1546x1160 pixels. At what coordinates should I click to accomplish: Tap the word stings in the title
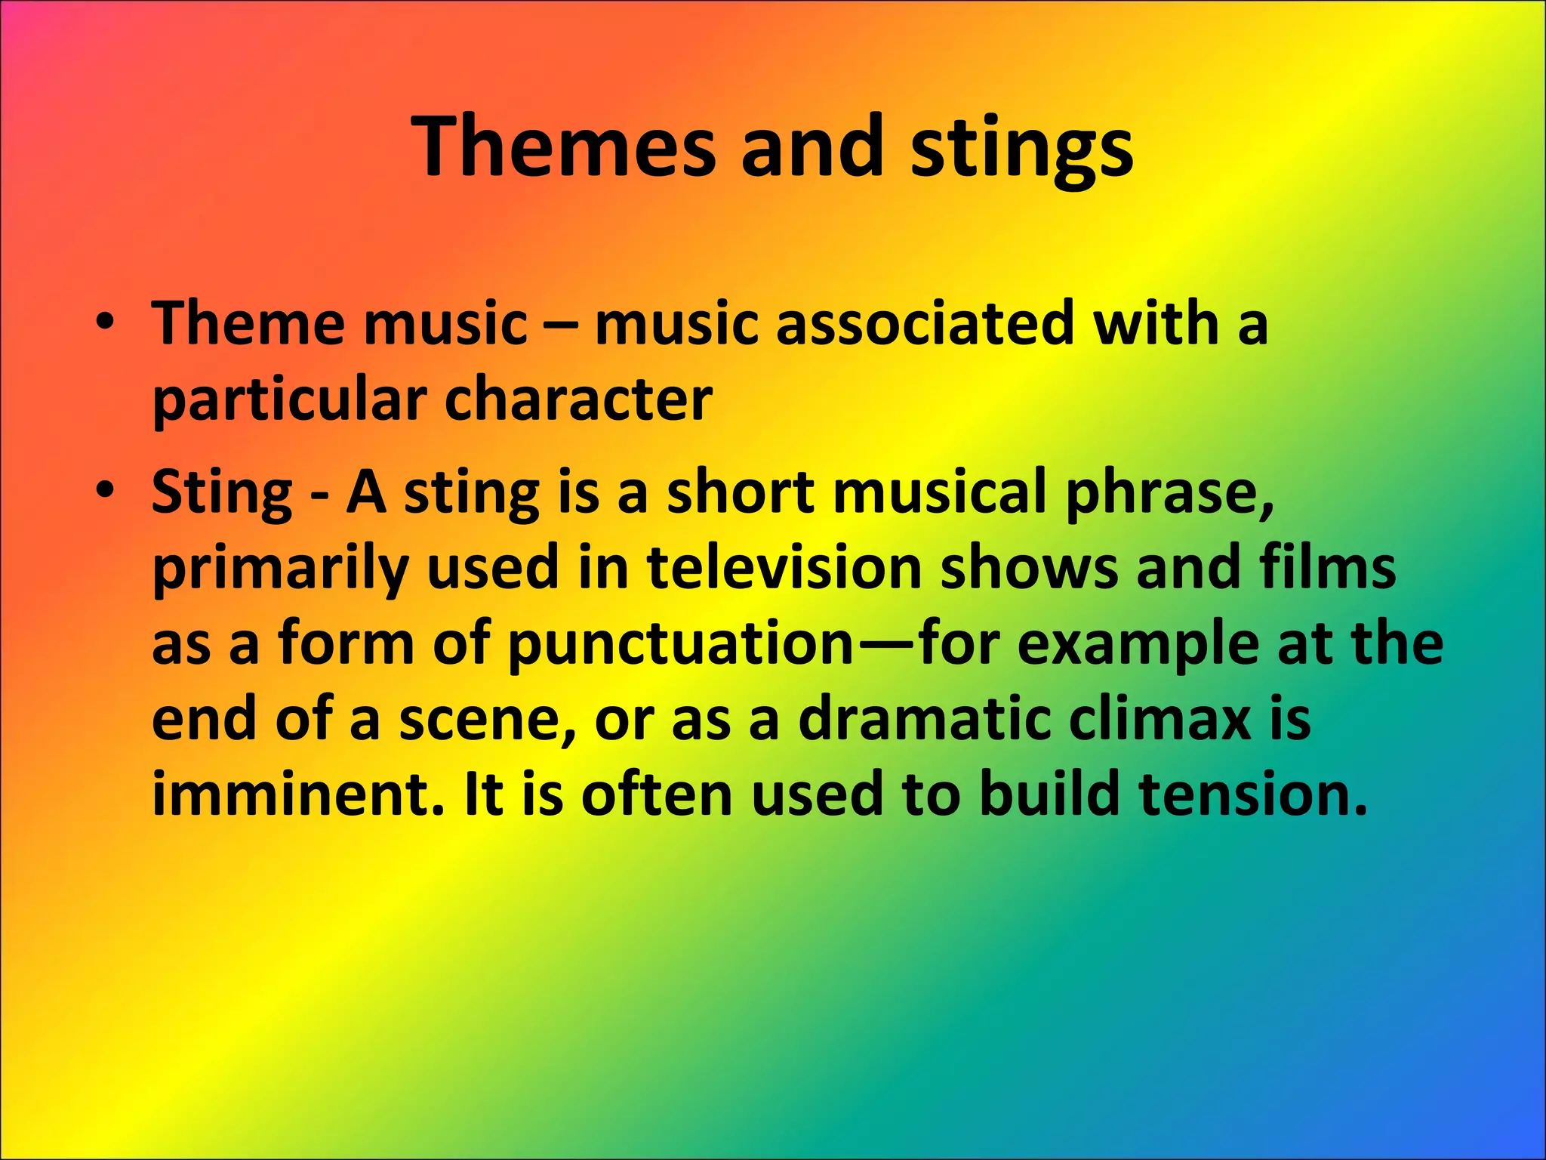pyautogui.click(x=1021, y=147)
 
